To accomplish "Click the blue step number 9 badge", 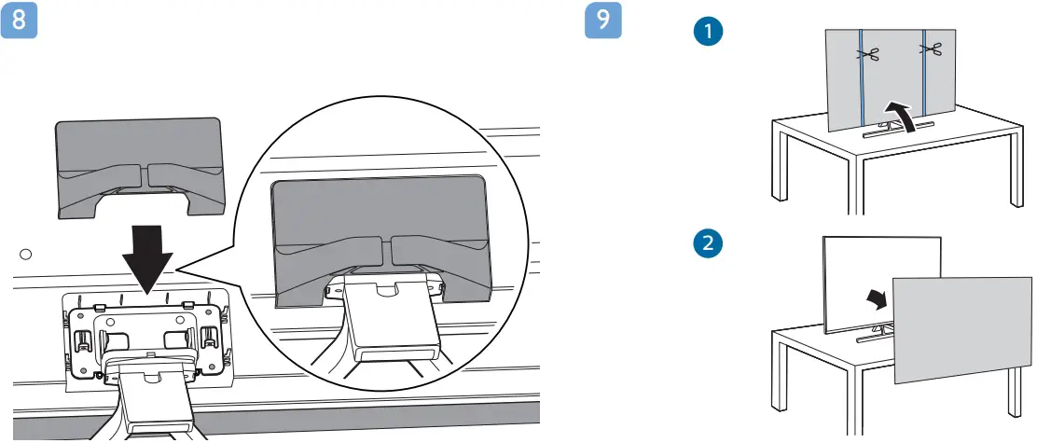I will pyautogui.click(x=603, y=21).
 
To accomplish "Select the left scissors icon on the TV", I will pyautogui.click(x=869, y=55).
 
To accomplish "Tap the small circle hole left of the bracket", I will pyautogui.click(x=26, y=253).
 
